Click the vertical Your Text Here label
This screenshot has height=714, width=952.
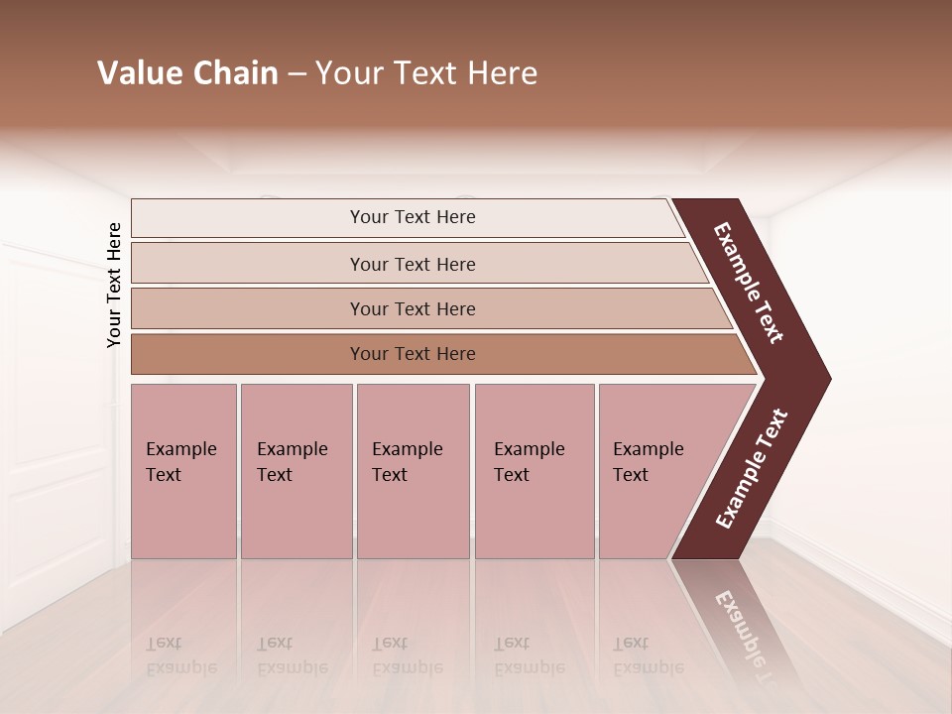tap(115, 286)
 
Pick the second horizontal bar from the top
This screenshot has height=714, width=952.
tap(412, 264)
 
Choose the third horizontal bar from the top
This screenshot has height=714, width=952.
tap(412, 308)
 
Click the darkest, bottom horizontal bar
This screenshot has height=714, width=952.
tap(412, 354)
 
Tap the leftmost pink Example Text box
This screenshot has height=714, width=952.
tap(183, 470)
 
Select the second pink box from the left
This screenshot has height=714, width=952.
tap(296, 470)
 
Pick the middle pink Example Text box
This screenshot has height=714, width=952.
tap(413, 470)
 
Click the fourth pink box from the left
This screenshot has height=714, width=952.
tap(534, 470)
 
